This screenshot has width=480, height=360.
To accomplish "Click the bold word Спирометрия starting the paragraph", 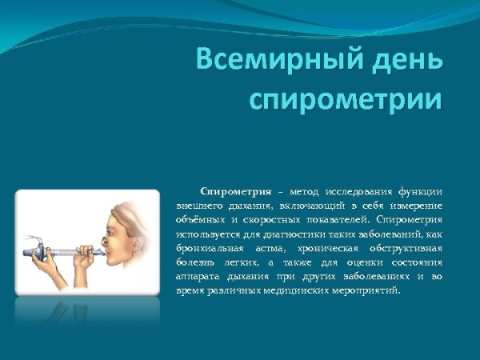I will [233, 191].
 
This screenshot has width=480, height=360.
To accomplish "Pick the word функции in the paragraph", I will [418, 191].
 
